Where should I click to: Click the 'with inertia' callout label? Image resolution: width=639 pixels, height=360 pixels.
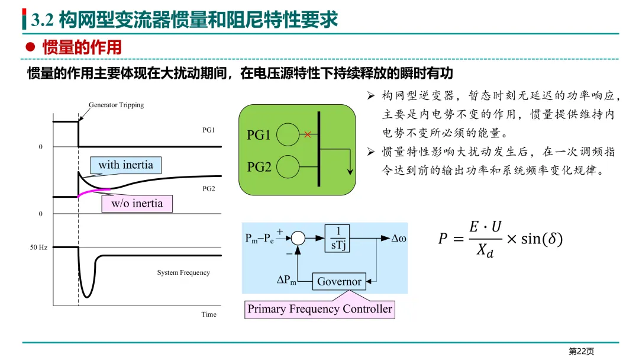(x=125, y=165)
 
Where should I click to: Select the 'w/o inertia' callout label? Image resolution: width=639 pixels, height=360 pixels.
(x=137, y=204)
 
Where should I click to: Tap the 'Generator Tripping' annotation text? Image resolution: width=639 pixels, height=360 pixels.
(x=116, y=105)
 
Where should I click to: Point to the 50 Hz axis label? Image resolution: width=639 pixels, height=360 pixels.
(x=38, y=247)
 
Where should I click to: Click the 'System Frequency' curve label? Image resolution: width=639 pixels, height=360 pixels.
(x=183, y=272)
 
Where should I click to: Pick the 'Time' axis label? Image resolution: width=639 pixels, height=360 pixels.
(x=209, y=314)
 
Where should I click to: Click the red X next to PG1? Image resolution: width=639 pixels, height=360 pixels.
(x=308, y=134)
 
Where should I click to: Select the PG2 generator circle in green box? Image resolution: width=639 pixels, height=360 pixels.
(x=288, y=167)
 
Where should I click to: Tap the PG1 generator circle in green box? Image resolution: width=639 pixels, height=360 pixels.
(x=288, y=134)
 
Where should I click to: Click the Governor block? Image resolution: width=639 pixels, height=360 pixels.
(x=339, y=281)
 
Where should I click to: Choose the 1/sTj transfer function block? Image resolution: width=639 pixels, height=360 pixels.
(x=337, y=238)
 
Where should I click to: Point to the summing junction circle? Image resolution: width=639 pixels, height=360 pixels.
(x=298, y=238)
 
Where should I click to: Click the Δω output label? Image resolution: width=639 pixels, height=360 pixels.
(x=399, y=239)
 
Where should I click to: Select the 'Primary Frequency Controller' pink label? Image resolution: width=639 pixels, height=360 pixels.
(x=320, y=309)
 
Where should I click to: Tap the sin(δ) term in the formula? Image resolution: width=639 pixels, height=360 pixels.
(x=541, y=239)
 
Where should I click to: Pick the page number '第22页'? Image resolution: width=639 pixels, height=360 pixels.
(x=582, y=352)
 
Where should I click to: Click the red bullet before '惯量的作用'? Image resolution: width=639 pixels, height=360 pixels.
(x=30, y=47)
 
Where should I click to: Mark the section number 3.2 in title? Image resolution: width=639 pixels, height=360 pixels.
(x=43, y=20)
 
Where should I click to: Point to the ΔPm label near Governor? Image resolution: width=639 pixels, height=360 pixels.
(x=286, y=280)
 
